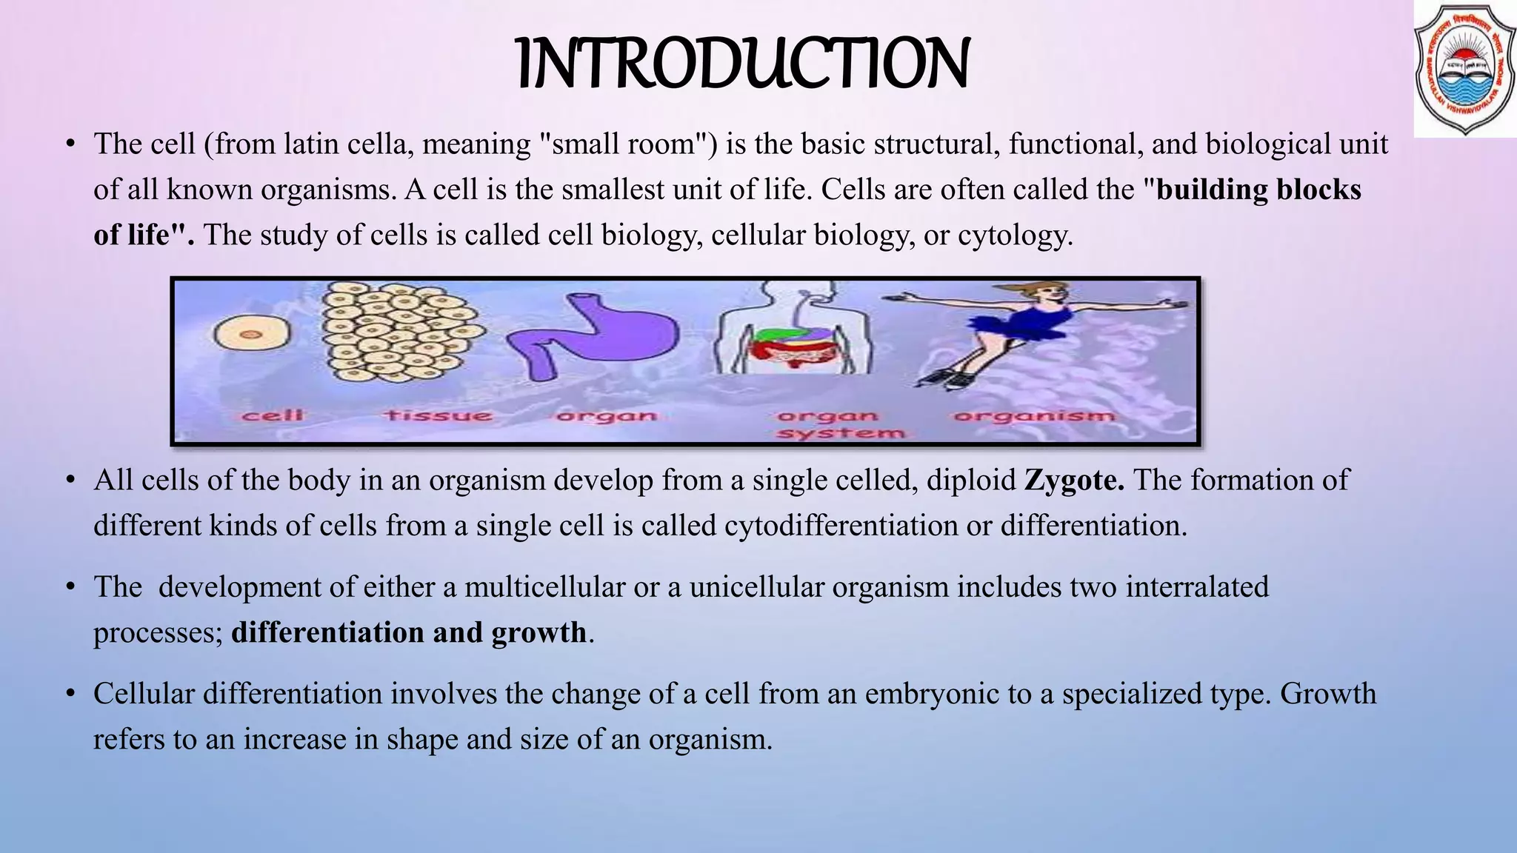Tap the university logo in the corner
(1464, 70)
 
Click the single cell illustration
(251, 334)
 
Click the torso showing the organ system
(793, 330)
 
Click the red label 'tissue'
(438, 415)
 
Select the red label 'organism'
(1034, 416)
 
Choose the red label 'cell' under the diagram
(273, 415)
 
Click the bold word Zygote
(1074, 481)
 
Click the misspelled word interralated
(1197, 587)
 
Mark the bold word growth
(539, 633)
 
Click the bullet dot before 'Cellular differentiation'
(70, 694)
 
